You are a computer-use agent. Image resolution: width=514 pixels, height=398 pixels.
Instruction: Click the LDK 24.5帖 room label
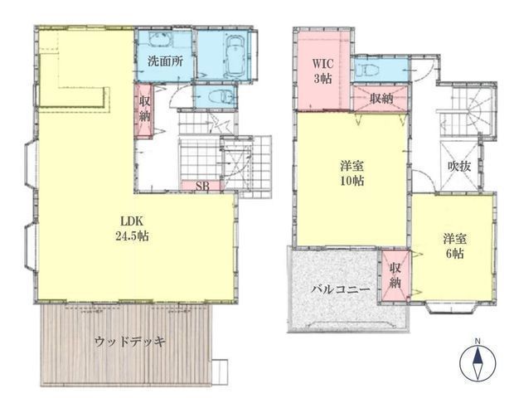point(133,229)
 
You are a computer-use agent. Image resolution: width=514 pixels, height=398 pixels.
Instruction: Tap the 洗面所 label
point(165,61)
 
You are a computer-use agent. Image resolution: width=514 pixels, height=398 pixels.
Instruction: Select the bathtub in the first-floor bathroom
point(234,55)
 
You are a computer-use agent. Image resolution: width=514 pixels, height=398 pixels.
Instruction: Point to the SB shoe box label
point(202,186)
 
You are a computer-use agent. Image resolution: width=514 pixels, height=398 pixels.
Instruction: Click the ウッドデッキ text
point(130,342)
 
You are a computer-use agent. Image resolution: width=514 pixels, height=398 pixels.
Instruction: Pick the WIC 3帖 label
point(322,70)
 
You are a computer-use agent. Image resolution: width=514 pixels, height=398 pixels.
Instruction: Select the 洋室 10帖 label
point(352,173)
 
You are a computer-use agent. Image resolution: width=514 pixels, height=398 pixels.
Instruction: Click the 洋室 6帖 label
point(455,246)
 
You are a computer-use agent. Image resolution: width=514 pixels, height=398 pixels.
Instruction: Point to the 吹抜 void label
point(459,167)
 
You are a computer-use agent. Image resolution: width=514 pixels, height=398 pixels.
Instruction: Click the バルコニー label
point(341,289)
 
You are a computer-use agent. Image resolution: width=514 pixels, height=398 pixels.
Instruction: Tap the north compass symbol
point(478,363)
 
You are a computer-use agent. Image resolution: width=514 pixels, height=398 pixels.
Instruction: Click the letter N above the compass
point(478,342)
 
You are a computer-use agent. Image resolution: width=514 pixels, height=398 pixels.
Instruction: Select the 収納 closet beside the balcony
point(395,275)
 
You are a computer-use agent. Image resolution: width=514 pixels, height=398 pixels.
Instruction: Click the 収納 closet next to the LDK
point(144,109)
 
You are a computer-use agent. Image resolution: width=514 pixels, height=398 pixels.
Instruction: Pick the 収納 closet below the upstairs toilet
point(381,99)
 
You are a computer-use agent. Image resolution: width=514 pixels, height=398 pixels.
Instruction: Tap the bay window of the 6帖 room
point(451,308)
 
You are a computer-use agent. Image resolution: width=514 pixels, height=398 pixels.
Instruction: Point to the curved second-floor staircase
point(468,113)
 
